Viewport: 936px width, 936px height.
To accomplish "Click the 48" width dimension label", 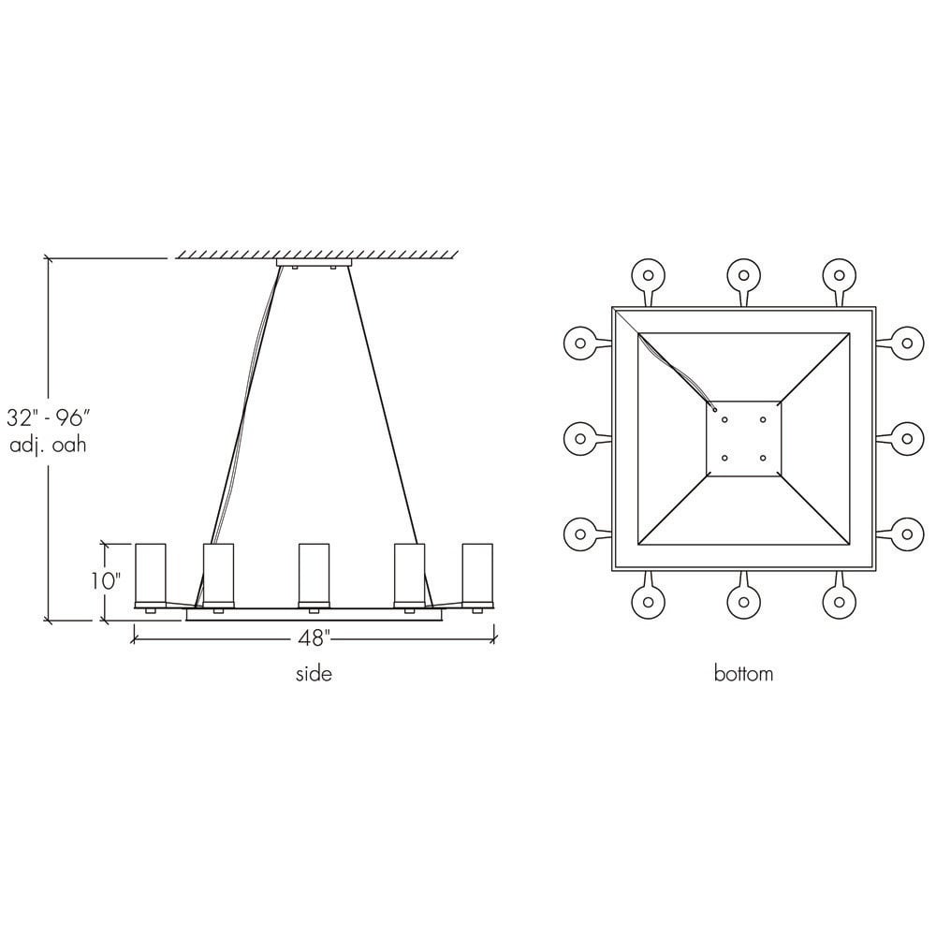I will (x=314, y=639).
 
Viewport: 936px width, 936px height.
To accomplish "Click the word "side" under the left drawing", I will (x=314, y=674).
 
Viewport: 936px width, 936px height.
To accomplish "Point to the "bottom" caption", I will (x=743, y=674).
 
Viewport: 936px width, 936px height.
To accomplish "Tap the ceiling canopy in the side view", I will (x=314, y=264).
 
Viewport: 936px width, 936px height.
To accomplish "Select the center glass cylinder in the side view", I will (x=314, y=573).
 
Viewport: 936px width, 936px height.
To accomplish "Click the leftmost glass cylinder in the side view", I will (x=151, y=573).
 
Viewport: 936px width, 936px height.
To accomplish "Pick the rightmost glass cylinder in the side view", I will (x=477, y=573).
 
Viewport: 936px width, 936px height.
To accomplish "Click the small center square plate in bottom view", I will (x=743, y=438).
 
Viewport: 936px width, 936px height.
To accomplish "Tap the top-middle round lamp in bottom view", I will (x=743, y=275).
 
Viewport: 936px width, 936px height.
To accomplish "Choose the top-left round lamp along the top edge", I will (x=646, y=275).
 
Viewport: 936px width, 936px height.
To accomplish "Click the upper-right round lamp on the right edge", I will (x=906, y=343).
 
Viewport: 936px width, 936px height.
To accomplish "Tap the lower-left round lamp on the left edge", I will (x=580, y=534).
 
